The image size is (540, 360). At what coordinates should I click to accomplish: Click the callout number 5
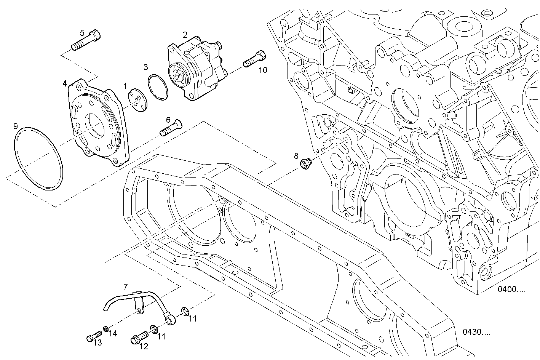tap(82, 32)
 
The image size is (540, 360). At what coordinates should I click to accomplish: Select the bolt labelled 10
tap(254, 59)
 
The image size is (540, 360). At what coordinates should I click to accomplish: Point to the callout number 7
tap(125, 286)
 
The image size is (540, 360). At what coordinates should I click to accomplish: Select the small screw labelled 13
tap(92, 337)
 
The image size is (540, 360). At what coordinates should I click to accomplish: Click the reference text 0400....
tap(511, 289)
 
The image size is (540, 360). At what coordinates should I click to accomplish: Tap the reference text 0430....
tap(476, 332)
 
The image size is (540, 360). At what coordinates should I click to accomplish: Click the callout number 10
tap(263, 70)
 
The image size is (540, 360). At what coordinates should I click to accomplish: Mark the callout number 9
tap(15, 126)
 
